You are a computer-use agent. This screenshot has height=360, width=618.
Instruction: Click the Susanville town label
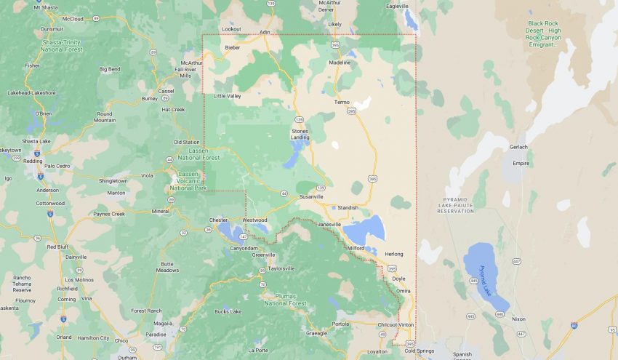310,196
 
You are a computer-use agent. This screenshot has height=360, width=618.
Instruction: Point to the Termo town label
342,102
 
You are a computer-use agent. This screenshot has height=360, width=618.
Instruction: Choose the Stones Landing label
300,134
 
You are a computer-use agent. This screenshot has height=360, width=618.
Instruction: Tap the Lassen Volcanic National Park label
188,180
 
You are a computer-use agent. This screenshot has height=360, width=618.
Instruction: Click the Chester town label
218,219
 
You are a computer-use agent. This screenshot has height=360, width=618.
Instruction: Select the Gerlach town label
518,147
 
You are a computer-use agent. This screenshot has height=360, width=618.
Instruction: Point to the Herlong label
394,253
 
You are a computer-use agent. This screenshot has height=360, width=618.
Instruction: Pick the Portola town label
340,324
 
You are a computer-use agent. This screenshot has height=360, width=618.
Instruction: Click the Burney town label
150,98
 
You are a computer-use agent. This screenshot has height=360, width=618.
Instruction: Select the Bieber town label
232,47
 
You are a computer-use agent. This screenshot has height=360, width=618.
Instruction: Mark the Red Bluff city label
57,247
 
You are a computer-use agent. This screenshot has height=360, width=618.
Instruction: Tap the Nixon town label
518,319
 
